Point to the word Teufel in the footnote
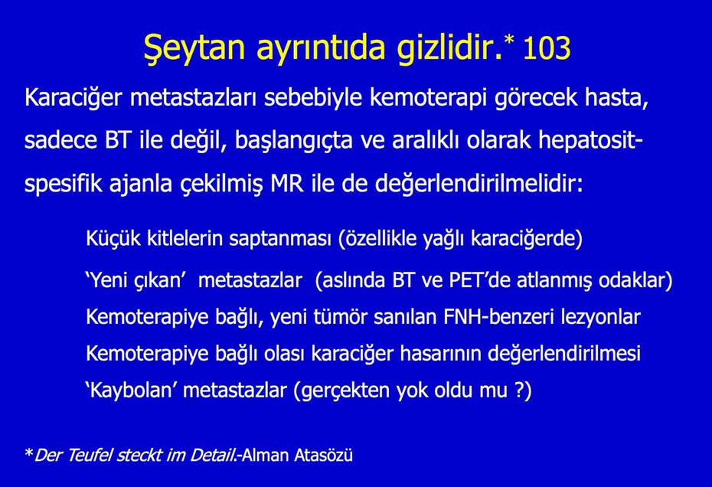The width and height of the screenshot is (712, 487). click(89, 456)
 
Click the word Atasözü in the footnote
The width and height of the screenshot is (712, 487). click(322, 455)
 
